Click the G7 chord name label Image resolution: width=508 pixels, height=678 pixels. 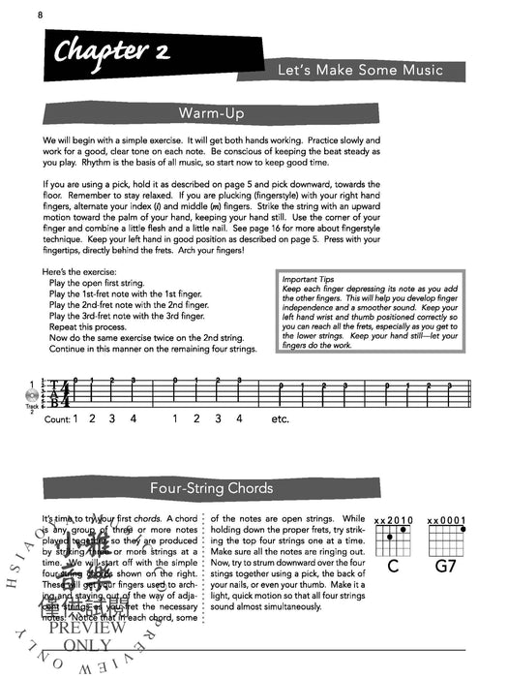tap(448, 565)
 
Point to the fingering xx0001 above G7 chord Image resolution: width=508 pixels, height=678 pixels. tap(447, 520)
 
